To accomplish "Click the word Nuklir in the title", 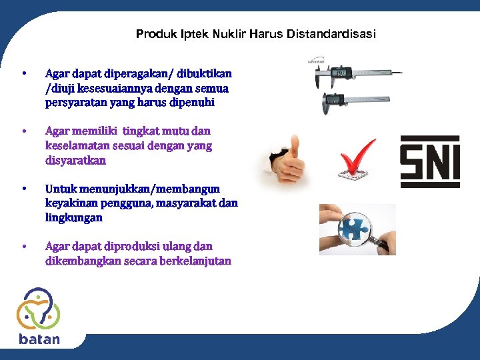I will pos(230,33).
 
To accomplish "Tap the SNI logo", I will pos(429,161).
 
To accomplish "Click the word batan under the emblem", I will pos(39,339).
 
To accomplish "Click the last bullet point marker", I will pos(23,247).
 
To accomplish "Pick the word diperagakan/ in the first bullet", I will pos(125,73).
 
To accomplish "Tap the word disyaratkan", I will pos(75,161).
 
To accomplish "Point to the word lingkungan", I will pos(74,218).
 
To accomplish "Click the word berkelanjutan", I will pos(195,261).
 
